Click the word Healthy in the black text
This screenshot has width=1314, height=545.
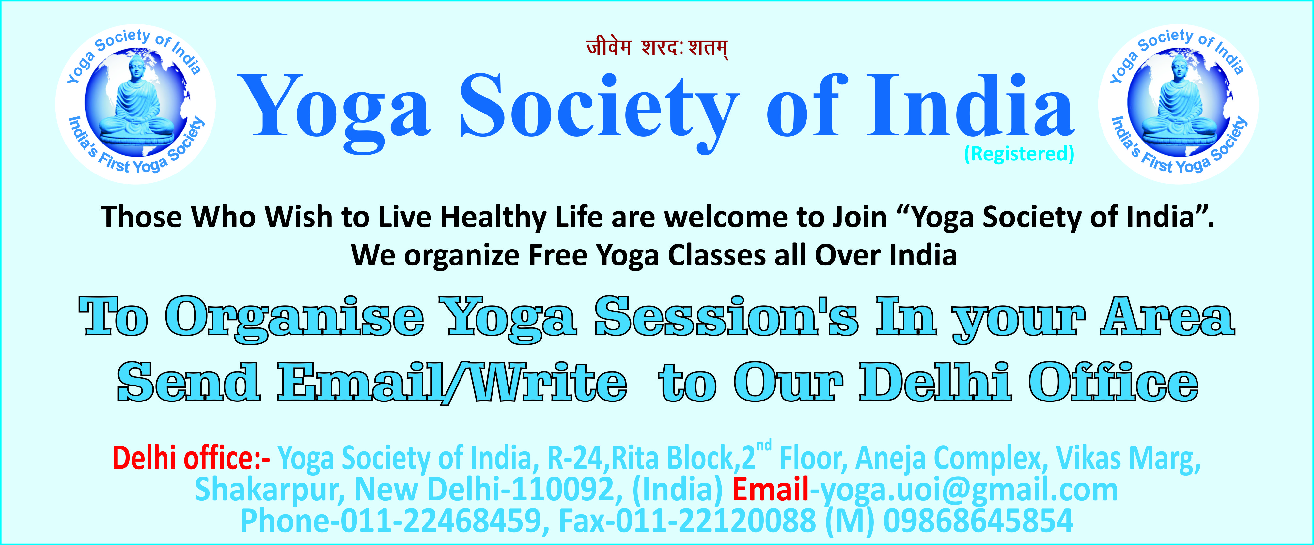(x=494, y=218)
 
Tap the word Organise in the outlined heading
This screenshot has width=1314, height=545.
(x=294, y=319)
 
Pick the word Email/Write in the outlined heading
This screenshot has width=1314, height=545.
(x=452, y=382)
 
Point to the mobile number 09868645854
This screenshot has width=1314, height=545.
(x=978, y=521)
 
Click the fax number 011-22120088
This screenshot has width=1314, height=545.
(x=716, y=521)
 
